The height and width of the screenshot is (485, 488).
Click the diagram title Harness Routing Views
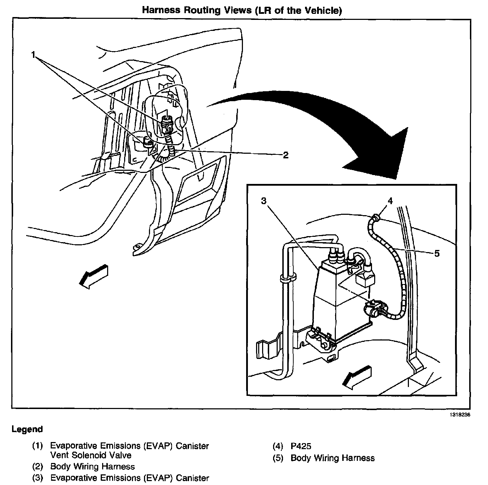click(242, 10)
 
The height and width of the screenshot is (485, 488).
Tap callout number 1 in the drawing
click(33, 55)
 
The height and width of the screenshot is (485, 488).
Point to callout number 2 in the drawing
click(285, 155)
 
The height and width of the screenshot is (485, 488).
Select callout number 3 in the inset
click(264, 201)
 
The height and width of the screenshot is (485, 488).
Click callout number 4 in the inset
click(390, 201)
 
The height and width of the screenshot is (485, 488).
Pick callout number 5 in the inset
click(437, 253)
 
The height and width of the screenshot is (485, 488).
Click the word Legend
click(27, 429)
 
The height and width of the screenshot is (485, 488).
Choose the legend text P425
click(301, 446)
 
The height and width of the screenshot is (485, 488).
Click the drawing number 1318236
click(460, 414)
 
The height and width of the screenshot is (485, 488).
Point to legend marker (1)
click(37, 446)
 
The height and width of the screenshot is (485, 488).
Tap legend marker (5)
click(278, 458)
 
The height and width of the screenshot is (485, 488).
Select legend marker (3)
click(37, 478)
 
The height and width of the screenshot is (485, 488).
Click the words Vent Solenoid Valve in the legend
click(91, 455)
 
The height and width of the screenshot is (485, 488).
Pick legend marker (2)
click(37, 467)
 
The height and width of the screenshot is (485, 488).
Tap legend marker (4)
click(278, 446)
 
